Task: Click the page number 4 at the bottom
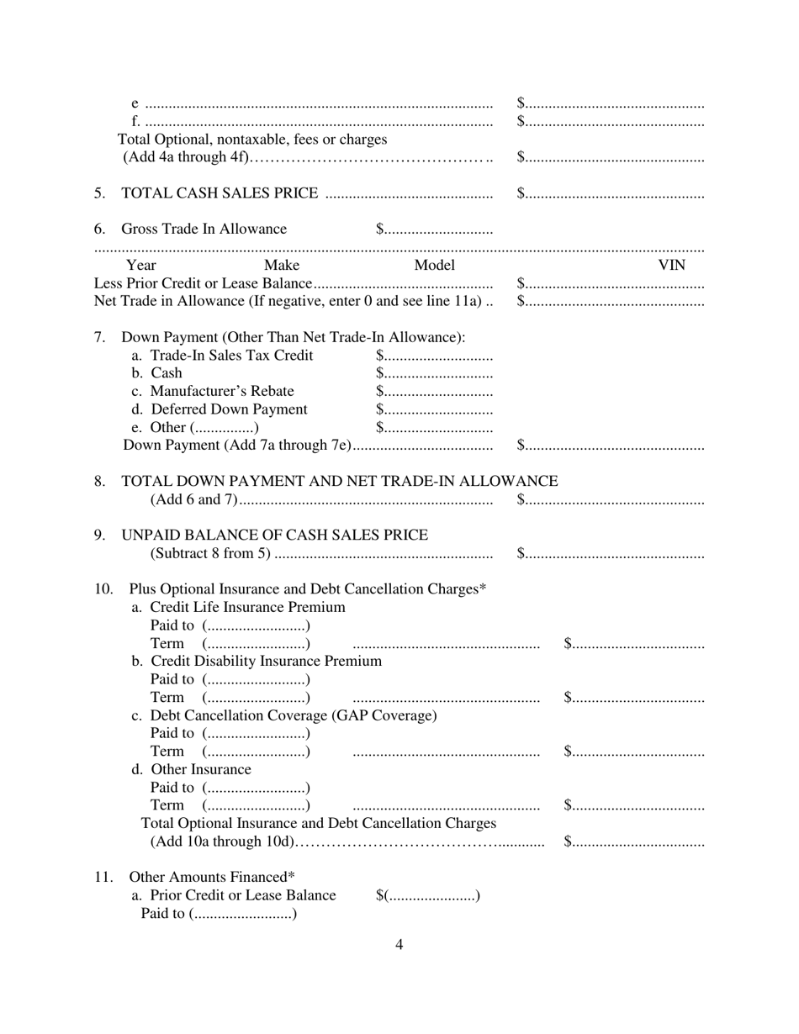(399, 944)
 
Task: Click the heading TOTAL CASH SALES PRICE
(220, 194)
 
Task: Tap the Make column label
(281, 266)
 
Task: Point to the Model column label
(434, 266)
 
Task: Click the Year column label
(141, 266)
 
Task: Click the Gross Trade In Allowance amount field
(434, 229)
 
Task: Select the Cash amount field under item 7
(434, 373)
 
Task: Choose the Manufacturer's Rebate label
(213, 391)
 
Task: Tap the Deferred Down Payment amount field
(434, 409)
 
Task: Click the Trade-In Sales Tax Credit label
(222, 356)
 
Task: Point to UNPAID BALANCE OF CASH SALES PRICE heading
(275, 535)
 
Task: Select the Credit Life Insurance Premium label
(239, 607)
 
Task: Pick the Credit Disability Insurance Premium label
(257, 661)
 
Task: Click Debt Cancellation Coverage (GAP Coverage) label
(284, 715)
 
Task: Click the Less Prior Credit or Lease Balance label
(204, 284)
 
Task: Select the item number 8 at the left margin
(100, 481)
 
